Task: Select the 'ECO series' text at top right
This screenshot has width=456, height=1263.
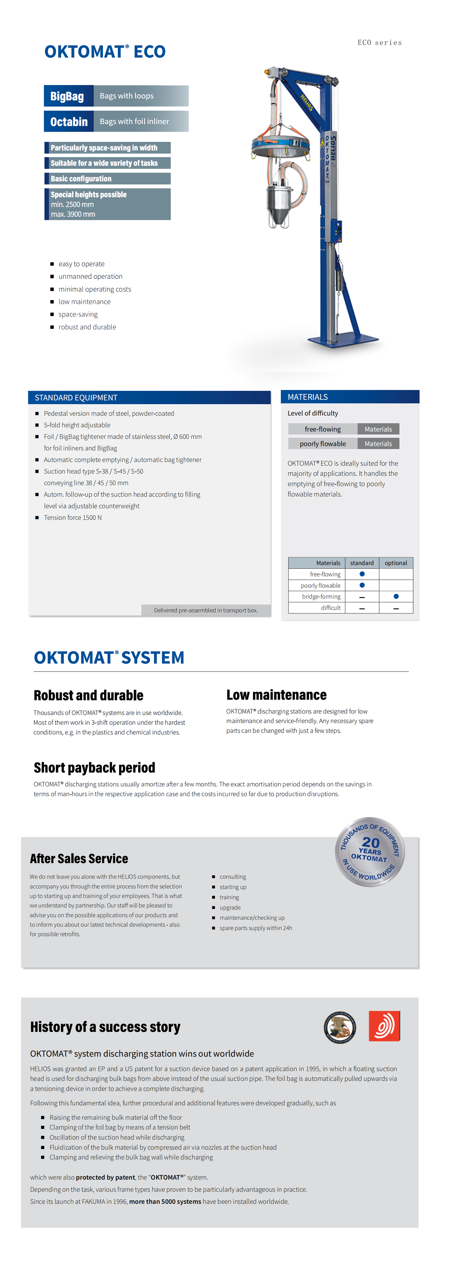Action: pos(380,43)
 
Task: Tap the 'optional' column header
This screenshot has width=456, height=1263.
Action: pos(396,563)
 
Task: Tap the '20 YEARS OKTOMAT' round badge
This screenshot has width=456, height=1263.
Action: pos(370,852)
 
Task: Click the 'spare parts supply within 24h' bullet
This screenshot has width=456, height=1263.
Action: pos(255,928)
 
